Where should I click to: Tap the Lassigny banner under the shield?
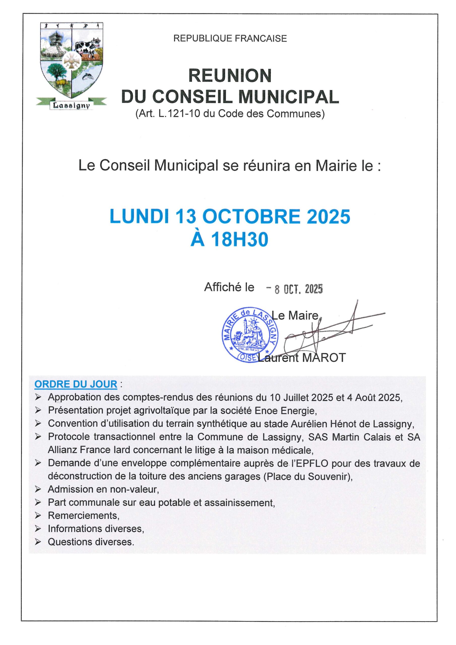click(71, 105)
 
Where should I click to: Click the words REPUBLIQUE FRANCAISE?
click(230, 39)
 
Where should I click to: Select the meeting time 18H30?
click(239, 240)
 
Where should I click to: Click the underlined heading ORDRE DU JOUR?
click(76, 384)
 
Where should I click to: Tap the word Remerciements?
click(83, 516)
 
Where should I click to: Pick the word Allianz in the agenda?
click(63, 450)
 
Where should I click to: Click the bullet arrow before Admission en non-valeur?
click(38, 489)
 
